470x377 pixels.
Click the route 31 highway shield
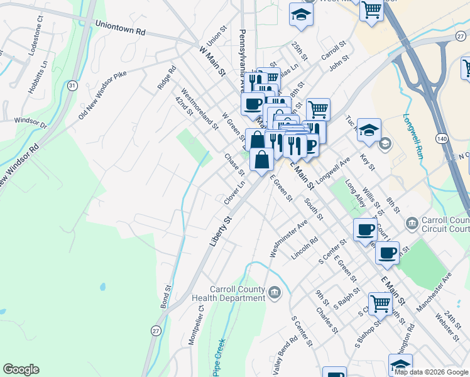click(72, 85)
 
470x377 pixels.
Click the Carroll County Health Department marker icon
click(275, 292)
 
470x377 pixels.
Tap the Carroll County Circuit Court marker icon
click(412, 222)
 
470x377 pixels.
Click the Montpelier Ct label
click(197, 324)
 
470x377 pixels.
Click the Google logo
click(21, 369)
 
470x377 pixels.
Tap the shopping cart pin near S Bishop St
click(380, 302)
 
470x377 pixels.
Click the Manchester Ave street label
click(433, 292)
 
